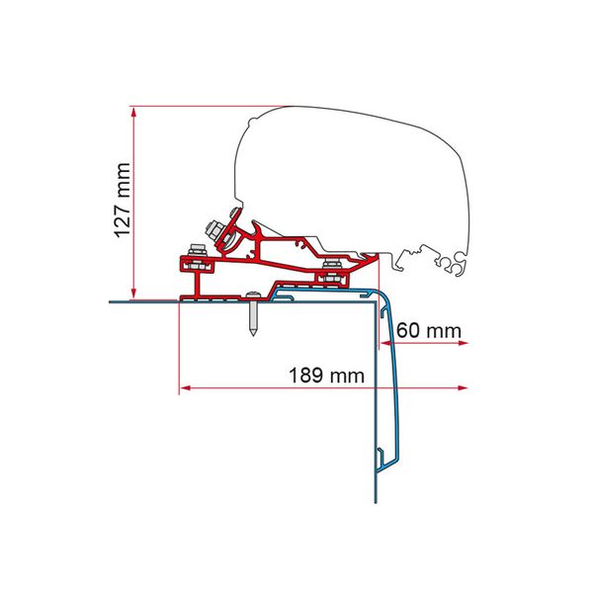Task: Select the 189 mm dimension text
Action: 322,376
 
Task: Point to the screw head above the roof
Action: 255,294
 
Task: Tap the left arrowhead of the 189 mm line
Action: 184,387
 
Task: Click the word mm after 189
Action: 347,376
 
